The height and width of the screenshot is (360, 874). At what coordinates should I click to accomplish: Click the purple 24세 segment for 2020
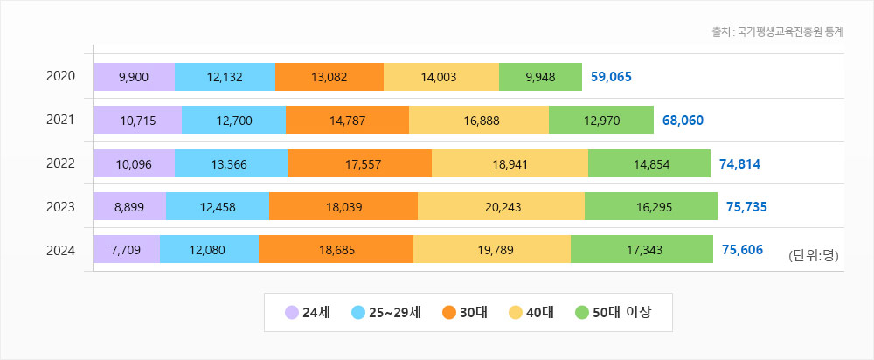point(134,77)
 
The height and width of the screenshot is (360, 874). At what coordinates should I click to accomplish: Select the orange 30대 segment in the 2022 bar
point(359,163)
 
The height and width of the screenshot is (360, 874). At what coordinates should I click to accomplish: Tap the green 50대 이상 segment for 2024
point(642,250)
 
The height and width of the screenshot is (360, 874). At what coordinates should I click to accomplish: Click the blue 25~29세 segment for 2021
point(233,121)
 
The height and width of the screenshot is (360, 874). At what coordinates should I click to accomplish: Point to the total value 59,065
point(611,77)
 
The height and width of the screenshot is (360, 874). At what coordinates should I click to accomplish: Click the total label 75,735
point(746,207)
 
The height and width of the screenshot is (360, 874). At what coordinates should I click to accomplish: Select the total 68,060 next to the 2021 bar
point(683,121)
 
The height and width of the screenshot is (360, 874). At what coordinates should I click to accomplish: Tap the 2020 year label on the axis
point(60,77)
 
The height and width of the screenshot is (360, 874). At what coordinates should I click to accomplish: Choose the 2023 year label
point(60,207)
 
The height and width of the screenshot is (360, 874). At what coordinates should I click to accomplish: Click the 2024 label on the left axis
point(60,250)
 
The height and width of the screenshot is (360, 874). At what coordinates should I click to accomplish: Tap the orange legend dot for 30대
point(450,312)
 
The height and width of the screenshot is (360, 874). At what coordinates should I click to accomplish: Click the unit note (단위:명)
point(813,256)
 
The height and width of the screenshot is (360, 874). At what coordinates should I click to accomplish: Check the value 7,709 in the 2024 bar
point(127,250)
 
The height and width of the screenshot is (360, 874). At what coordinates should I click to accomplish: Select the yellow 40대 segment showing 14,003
point(441,77)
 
